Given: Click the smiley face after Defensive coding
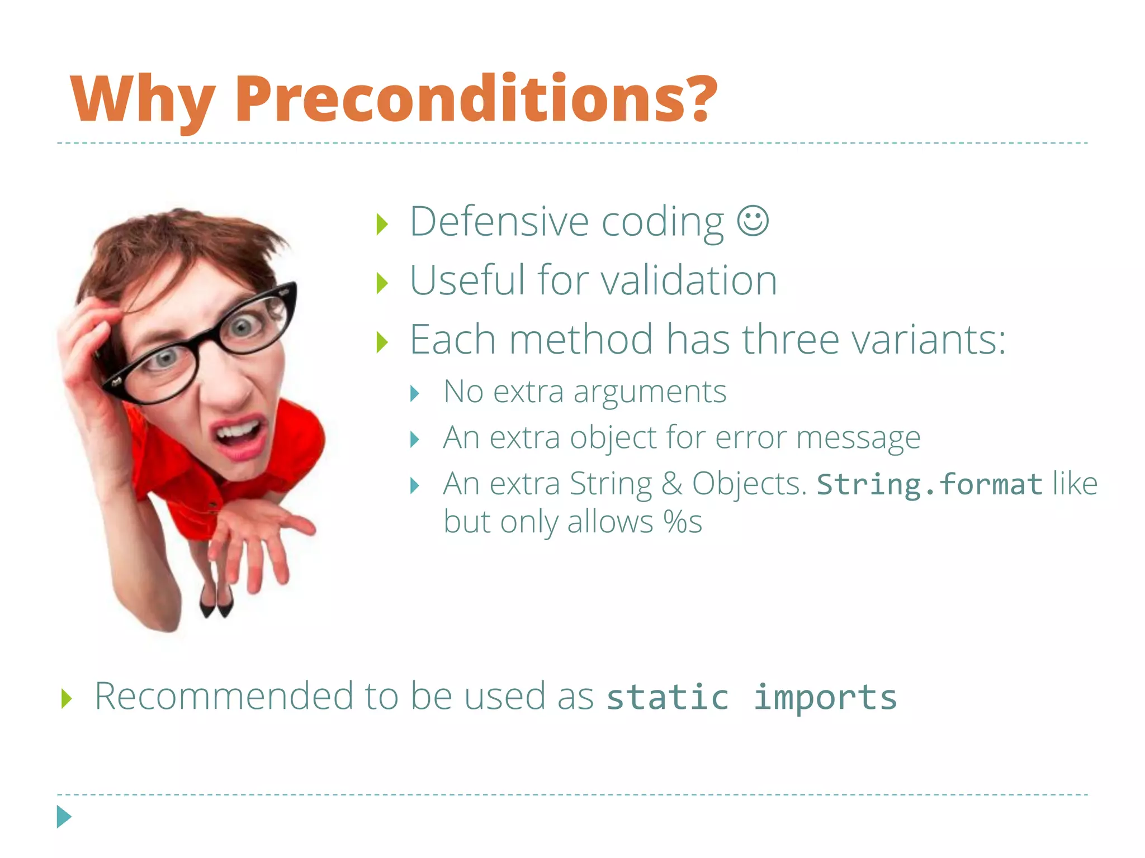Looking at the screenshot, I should pos(753,221).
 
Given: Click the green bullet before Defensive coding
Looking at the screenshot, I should pos(382,225).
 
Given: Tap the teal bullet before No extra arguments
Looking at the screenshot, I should pos(414,393).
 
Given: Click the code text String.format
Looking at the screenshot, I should pos(929,484).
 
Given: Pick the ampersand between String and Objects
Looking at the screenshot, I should pos(671,484).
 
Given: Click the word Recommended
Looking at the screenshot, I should pos(224,697).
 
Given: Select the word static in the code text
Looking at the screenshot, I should pos(668,698).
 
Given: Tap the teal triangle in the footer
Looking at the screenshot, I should pos(64,817).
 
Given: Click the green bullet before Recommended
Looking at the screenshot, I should pos(67,698).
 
